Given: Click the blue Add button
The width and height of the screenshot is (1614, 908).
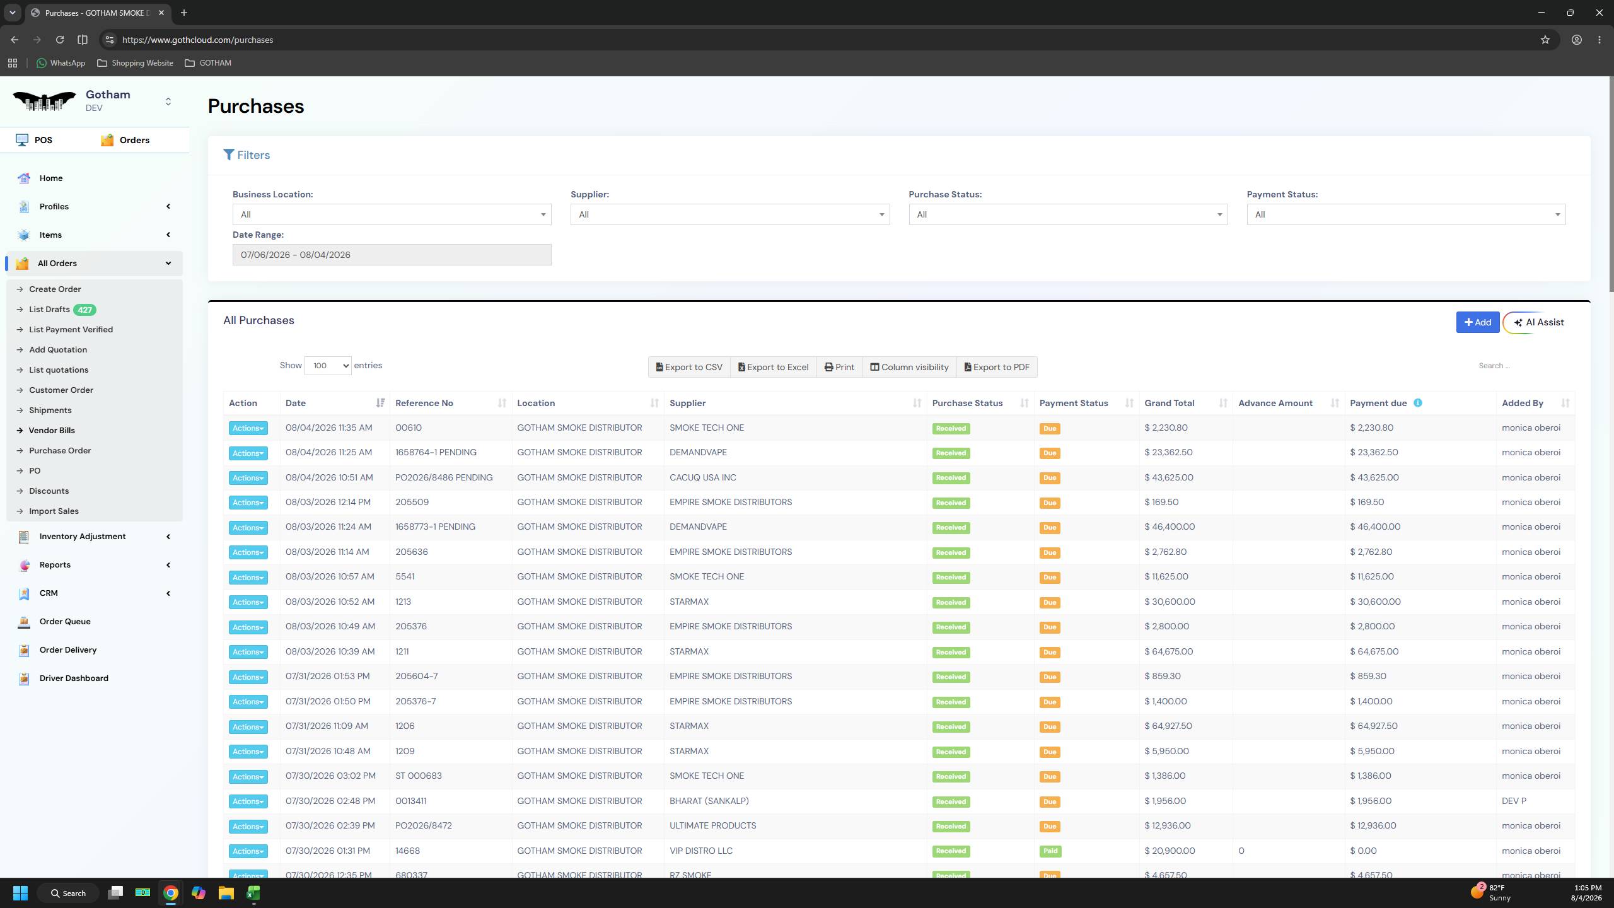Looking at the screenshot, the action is [x=1477, y=322].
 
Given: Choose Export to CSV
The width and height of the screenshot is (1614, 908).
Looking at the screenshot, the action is [x=689, y=367].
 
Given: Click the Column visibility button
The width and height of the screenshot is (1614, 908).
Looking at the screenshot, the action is [x=909, y=367].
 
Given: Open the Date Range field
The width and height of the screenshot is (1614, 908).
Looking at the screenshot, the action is [x=392, y=255].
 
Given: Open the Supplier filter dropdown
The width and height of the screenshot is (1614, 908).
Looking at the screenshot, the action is [x=730, y=214].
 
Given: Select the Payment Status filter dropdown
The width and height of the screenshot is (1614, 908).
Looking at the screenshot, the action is [x=1406, y=214].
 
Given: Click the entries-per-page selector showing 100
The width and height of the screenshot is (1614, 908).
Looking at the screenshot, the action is [x=328, y=366].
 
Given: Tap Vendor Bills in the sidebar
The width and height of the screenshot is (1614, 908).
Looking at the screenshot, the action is [x=52, y=430].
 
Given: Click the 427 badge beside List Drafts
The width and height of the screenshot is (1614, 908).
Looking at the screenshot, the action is [x=84, y=310].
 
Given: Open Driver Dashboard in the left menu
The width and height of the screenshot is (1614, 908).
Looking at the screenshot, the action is [x=74, y=678].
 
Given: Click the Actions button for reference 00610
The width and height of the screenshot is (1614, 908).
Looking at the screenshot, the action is [x=248, y=428].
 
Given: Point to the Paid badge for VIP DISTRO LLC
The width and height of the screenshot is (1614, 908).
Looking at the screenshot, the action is [x=1050, y=851].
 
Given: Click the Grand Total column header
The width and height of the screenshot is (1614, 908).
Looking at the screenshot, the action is [x=1169, y=403].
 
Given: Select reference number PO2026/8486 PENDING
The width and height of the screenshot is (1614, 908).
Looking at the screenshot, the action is [x=444, y=477].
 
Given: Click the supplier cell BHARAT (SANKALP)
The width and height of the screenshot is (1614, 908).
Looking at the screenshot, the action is [x=709, y=801].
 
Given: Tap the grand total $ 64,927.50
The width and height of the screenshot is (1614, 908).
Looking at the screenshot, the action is [x=1168, y=726].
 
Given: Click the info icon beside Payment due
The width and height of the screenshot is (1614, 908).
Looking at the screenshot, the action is [x=1418, y=403].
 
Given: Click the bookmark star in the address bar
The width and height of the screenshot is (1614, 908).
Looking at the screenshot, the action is [x=1545, y=40].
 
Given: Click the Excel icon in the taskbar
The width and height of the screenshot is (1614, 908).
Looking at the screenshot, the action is [x=253, y=893].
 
